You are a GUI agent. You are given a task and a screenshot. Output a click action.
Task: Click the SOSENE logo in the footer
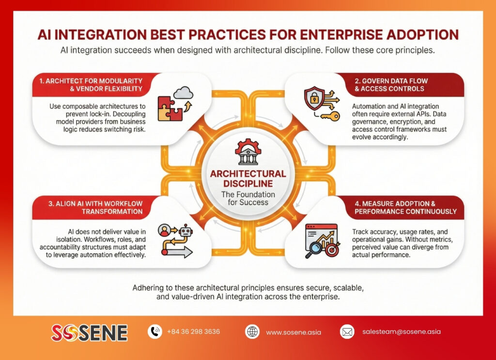point(89,332)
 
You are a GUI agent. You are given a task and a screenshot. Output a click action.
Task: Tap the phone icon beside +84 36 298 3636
point(155,331)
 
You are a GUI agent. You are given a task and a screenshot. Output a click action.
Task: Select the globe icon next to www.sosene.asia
point(252,332)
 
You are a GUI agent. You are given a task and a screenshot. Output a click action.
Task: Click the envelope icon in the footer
point(347,332)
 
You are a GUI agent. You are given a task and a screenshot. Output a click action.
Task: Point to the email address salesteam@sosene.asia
point(401,332)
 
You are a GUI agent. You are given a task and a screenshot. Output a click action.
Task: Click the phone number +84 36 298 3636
point(193,332)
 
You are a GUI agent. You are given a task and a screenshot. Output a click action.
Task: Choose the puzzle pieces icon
point(170,108)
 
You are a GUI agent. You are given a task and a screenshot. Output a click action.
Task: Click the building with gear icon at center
point(248,152)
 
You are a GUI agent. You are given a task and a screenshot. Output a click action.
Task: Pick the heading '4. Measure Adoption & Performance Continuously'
point(405,207)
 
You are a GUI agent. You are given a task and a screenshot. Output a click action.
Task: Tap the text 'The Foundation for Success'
point(248,198)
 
